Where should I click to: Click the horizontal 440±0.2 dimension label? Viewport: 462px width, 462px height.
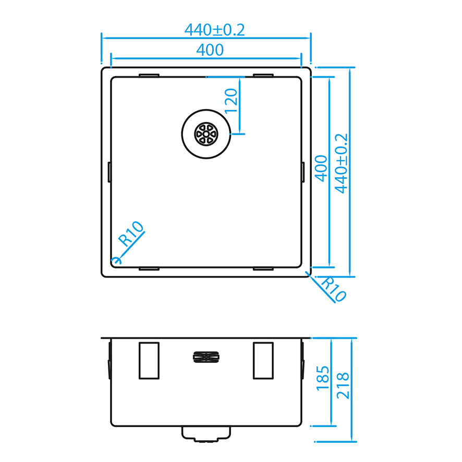(x=214, y=30)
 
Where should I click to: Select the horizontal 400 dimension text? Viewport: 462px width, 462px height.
(x=210, y=50)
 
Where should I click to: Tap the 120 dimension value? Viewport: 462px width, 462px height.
(x=232, y=101)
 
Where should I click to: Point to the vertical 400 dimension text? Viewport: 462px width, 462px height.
(x=322, y=168)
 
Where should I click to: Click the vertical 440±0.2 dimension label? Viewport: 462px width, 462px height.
(x=342, y=163)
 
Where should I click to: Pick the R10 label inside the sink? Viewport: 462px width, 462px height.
(x=131, y=234)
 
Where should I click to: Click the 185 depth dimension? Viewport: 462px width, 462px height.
(x=323, y=378)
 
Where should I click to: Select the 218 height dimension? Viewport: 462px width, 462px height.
(x=343, y=386)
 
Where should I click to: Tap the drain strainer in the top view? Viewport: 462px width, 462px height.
(x=205, y=133)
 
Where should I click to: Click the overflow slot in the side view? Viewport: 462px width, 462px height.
(x=206, y=357)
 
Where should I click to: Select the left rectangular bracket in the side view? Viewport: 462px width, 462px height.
(x=149, y=360)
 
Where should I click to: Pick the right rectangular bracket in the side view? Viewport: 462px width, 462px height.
(x=263, y=360)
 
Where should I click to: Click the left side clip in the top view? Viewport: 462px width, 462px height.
(x=109, y=172)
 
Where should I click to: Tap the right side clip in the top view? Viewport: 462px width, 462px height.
(x=303, y=172)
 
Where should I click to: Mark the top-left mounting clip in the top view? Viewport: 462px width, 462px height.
(x=149, y=76)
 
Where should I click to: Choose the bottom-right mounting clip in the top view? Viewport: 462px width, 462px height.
(x=263, y=269)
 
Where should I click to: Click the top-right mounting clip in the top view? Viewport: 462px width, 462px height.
(x=263, y=76)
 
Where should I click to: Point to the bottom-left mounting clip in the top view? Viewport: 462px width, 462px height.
(x=149, y=269)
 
